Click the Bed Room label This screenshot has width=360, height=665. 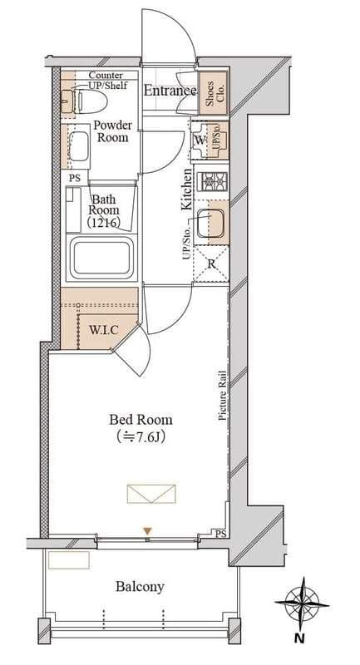point(141,420)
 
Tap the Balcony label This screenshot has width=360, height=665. point(140,587)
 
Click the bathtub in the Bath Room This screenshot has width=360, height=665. point(101,259)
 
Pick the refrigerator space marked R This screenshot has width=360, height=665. point(211,264)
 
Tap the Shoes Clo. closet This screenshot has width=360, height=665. point(214,93)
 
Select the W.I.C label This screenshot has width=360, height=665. point(103,330)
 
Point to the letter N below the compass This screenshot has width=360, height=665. point(300,638)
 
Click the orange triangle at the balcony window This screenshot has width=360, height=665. point(147,530)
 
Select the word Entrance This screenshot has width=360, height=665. point(170,91)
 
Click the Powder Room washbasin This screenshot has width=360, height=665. point(78,145)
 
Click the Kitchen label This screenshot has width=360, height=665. point(186,190)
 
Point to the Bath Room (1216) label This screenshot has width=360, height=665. point(104,210)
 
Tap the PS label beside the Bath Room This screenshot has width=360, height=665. point(75,178)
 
